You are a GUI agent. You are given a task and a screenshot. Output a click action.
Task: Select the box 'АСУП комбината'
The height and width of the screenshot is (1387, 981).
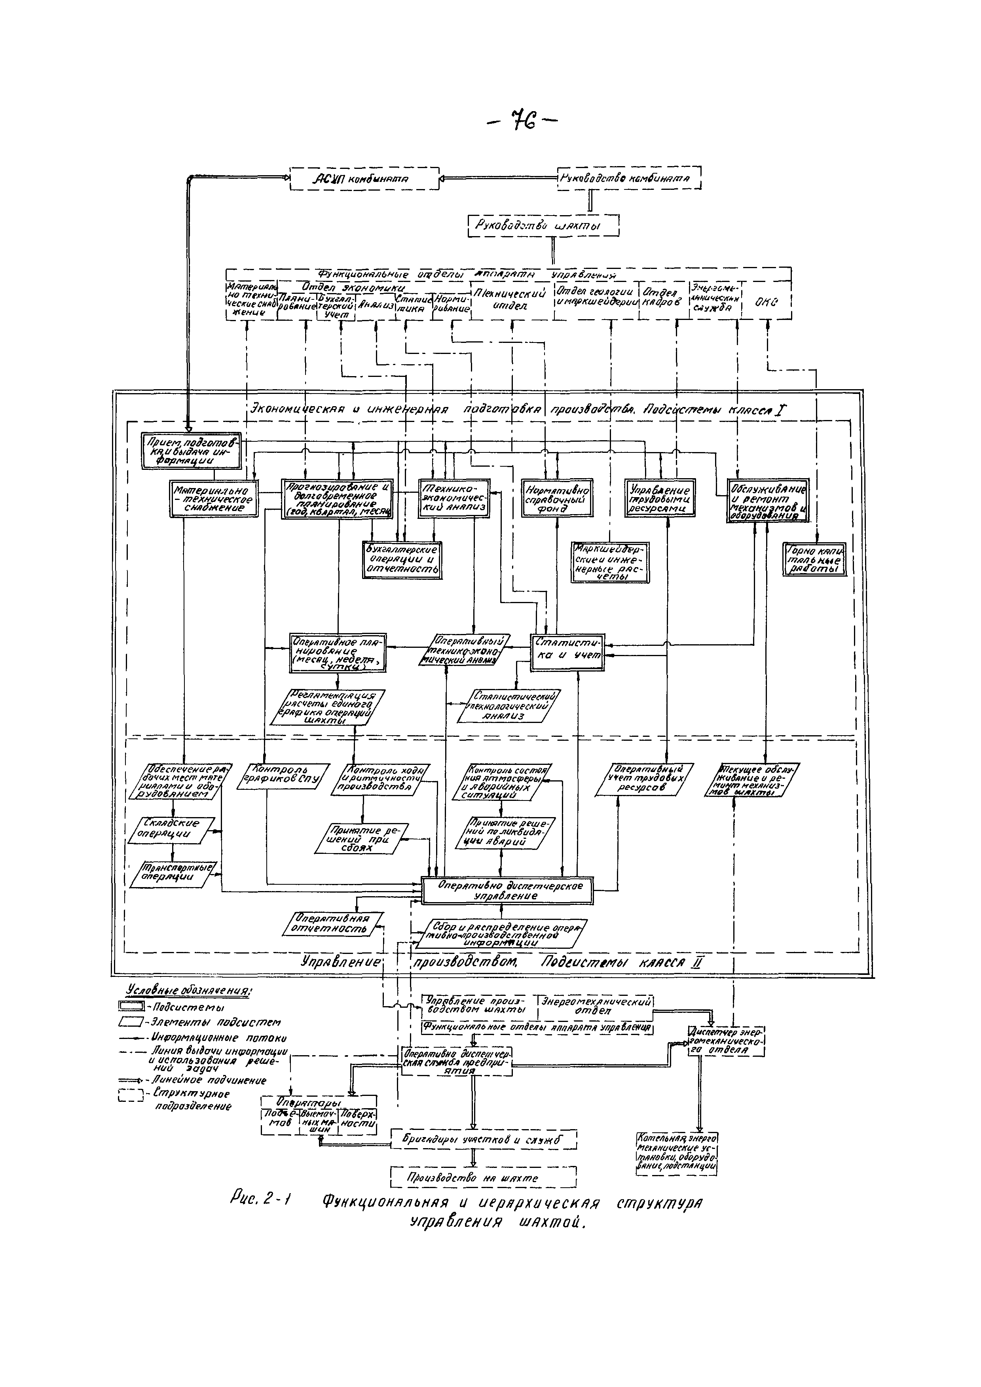[x=364, y=179]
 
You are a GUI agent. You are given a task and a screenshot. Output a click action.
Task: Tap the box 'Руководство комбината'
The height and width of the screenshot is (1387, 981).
[x=629, y=178]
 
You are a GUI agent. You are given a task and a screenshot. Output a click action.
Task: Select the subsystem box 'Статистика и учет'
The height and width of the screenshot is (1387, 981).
[x=567, y=651]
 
